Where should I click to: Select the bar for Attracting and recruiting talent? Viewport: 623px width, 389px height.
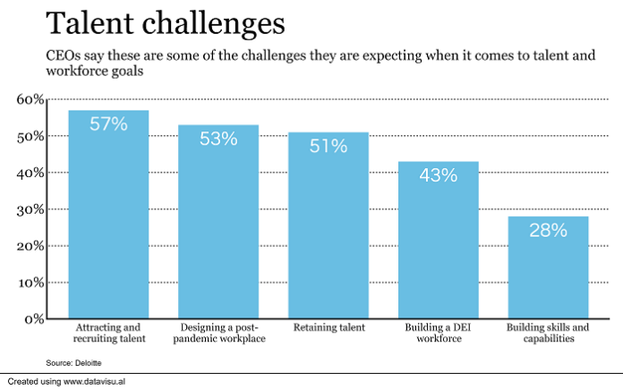click(x=108, y=224)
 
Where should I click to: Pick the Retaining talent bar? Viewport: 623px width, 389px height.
click(x=328, y=233)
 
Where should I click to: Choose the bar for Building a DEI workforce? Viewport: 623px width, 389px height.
click(x=438, y=246)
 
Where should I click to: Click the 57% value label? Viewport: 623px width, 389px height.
click(x=108, y=124)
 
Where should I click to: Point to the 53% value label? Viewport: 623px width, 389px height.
click(x=218, y=139)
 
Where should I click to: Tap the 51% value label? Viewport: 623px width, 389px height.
click(x=328, y=146)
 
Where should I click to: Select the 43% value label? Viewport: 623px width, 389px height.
click(x=438, y=175)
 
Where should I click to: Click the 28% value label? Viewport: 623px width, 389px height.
click(x=548, y=230)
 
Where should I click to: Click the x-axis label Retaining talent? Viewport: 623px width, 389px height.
click(x=328, y=328)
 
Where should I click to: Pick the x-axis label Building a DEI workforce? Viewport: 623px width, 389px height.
click(x=438, y=334)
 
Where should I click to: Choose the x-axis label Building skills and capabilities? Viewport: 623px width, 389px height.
click(x=548, y=334)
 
